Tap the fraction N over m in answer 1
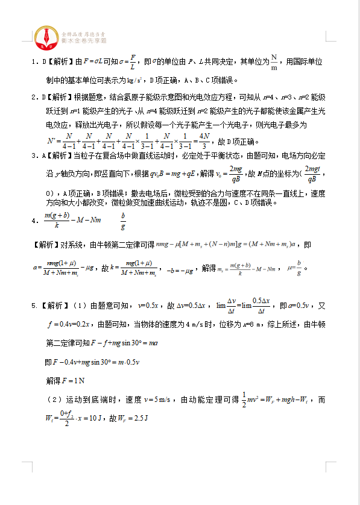click(274, 63)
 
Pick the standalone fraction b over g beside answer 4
click(123, 221)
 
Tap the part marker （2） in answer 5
click(54, 400)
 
